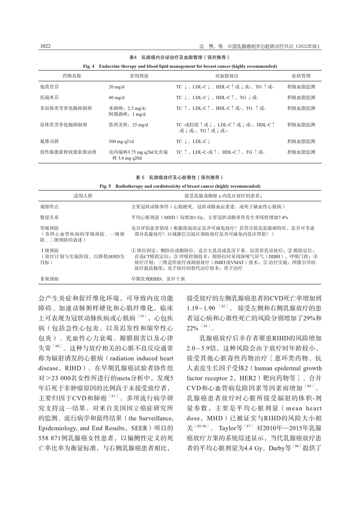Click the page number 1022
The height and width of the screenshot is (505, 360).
coord(45,46)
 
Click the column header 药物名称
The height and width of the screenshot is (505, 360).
coord(72,76)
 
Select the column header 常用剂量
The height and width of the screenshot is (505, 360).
coord(139,76)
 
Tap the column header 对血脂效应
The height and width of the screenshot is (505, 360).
coord(227,76)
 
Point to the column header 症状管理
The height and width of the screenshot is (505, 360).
coord(301,76)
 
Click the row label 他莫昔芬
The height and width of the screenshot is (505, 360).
coord(50,87)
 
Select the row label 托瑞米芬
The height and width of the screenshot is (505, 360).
coord(50,97)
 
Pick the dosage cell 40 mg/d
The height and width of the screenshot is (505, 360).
coord(116,97)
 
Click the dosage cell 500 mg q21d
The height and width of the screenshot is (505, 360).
coord(121,141)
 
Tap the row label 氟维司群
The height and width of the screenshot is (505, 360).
coord(50,141)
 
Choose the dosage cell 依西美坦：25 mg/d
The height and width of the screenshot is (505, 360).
coord(128,125)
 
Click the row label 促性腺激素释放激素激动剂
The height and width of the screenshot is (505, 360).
coord(68,152)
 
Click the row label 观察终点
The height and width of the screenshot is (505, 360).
coord(49,207)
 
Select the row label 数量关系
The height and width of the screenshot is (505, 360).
coord(49,217)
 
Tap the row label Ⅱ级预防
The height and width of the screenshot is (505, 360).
coord(49,279)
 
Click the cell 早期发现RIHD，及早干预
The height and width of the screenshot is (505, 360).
coord(158,279)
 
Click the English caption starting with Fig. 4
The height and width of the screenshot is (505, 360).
coord(180,66)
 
